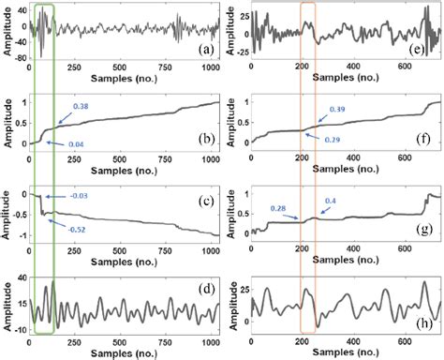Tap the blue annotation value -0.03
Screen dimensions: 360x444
click(81, 195)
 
